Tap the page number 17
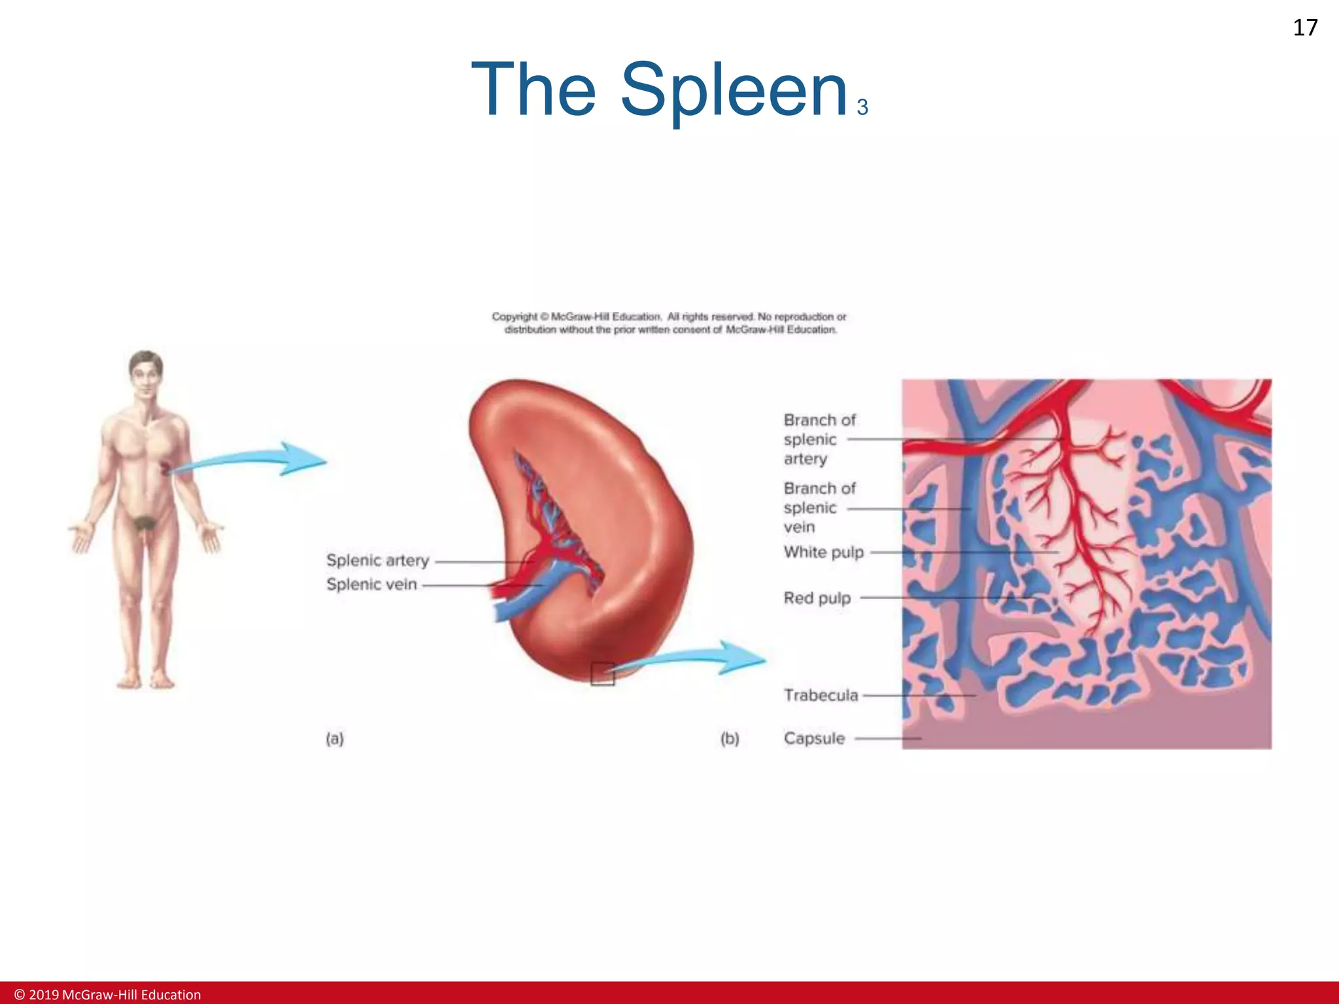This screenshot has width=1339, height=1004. click(x=1305, y=28)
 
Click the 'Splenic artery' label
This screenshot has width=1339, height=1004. click(x=377, y=561)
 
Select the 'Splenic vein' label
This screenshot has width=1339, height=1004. click(x=371, y=584)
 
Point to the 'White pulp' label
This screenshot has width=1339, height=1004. click(x=824, y=552)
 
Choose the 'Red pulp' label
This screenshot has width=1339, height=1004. click(x=817, y=598)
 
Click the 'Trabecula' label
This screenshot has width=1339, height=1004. click(x=821, y=695)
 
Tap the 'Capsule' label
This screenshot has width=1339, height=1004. click(x=814, y=739)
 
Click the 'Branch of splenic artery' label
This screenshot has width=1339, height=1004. click(x=819, y=439)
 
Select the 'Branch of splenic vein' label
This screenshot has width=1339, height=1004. click(x=819, y=508)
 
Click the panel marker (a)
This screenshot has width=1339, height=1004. click(x=335, y=739)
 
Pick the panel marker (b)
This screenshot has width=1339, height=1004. click(x=730, y=739)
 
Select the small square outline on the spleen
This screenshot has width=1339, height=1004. click(x=602, y=674)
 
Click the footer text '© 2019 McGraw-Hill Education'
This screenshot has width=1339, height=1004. click(x=108, y=994)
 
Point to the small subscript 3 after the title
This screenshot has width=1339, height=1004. click(x=862, y=107)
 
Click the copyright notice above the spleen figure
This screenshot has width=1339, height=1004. click(x=669, y=323)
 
